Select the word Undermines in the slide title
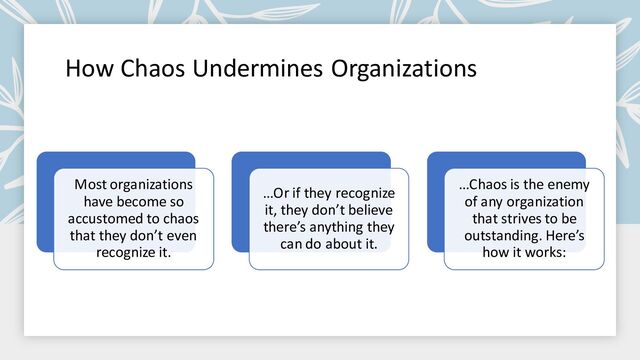pyautogui.click(x=257, y=69)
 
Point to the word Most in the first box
pyautogui.click(x=95, y=185)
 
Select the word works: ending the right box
pyautogui.click(x=544, y=252)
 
